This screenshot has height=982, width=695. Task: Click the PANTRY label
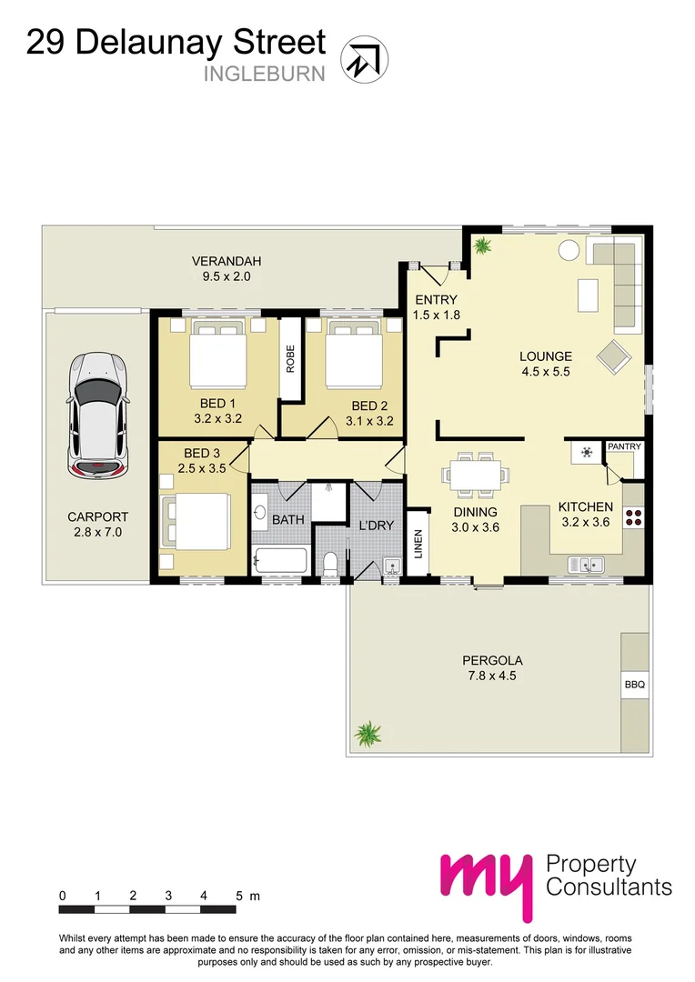point(624,446)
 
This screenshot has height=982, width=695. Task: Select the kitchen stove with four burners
point(633,518)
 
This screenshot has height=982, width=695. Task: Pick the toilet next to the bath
point(331,562)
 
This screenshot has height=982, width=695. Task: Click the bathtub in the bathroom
point(282,560)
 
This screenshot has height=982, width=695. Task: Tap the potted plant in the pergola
point(368,732)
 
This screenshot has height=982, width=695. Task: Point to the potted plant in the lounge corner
point(482,245)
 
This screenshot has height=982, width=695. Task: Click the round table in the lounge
point(568,250)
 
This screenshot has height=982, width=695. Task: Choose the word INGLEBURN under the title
point(264,74)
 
